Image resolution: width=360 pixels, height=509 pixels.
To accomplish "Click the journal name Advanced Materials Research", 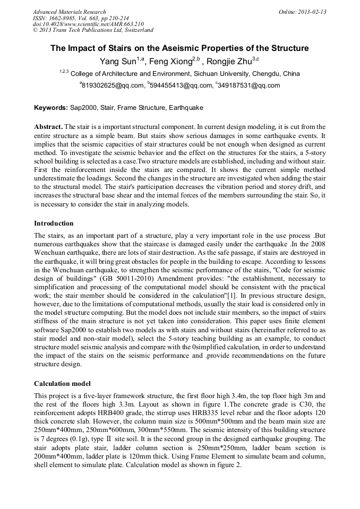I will (69, 12).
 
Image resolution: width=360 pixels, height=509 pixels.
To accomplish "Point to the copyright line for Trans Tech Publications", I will (93, 31).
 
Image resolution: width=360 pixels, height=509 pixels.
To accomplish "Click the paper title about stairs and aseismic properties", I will (179, 48).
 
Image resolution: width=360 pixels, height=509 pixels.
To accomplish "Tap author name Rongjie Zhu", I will (226, 62).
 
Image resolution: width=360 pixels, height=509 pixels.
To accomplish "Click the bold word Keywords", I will (50, 108).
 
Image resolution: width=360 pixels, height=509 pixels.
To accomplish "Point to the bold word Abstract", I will (48, 127).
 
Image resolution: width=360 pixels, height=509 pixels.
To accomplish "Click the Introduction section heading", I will (54, 223).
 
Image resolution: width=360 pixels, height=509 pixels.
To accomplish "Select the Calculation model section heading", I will (62, 383).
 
